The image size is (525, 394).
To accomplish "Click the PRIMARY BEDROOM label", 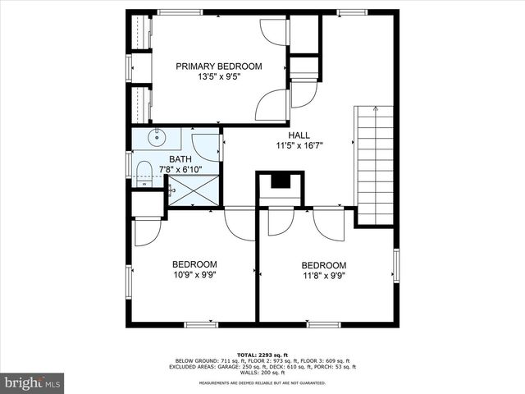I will [219, 66].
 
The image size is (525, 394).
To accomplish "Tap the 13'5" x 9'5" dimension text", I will [219, 77].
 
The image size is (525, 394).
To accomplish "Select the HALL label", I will [299, 135].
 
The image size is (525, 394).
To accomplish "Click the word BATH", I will [180, 159].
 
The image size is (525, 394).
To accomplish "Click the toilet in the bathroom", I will [143, 171].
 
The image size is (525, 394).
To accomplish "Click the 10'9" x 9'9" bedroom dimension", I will [194, 275].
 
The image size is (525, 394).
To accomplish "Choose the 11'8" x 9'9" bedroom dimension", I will [324, 276].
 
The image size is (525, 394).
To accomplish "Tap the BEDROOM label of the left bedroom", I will [194, 264].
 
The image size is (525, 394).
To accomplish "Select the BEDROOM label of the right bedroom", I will [324, 265].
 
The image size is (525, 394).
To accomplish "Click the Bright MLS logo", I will [33, 383].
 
